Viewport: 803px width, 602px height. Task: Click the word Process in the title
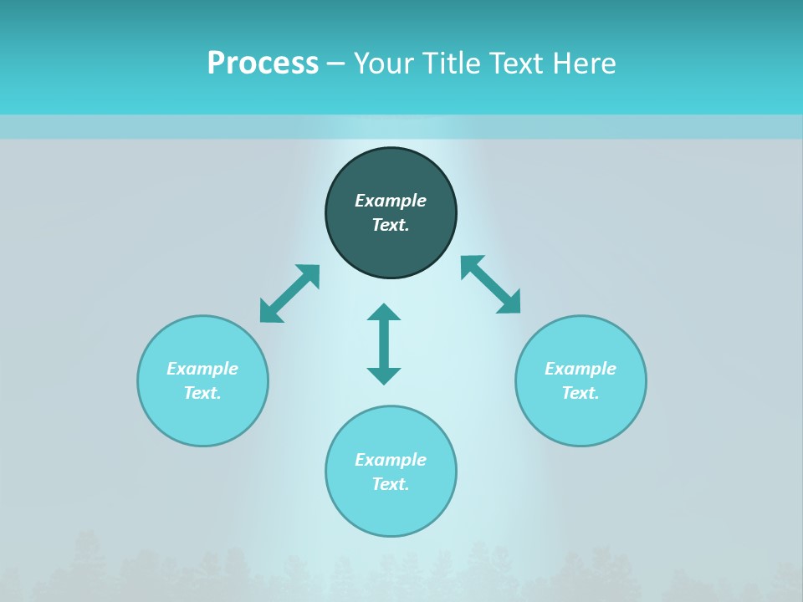pos(263,64)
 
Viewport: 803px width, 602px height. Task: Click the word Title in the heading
pos(453,64)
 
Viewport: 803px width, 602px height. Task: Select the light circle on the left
pos(202,418)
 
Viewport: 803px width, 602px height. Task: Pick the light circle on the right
pos(581,418)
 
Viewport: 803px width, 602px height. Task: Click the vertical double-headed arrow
pos(384,344)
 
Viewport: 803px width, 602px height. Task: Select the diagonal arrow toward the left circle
pos(289,293)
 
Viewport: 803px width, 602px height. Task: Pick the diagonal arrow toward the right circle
pos(491,284)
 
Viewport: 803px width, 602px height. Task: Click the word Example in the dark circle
pos(391,201)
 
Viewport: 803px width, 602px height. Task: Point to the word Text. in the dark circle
pos(391,225)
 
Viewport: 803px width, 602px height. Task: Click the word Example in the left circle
pos(202,369)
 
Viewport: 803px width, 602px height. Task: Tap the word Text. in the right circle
pos(581,393)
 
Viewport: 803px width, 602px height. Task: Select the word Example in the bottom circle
pos(391,460)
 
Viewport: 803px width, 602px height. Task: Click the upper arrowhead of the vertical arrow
pos(384,312)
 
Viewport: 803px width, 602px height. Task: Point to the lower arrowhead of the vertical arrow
pos(384,375)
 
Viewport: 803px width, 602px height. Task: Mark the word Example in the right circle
pos(581,369)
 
